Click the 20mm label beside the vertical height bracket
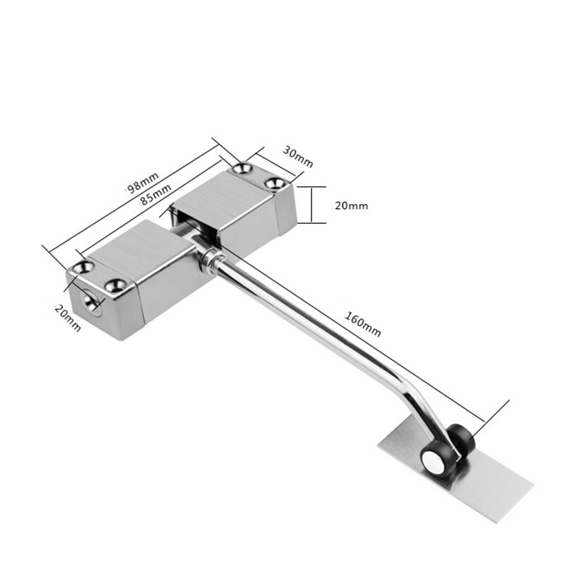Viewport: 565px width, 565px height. click(351, 206)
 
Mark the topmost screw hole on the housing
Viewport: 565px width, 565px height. click(244, 168)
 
